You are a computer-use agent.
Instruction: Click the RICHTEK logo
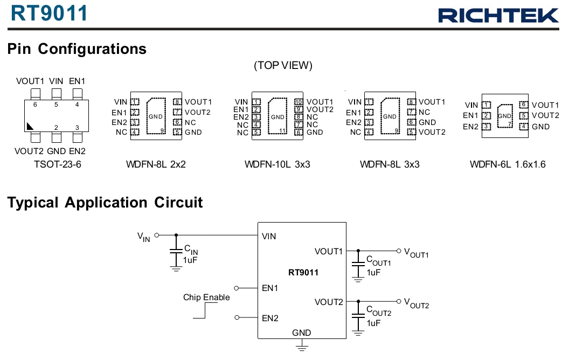tap(498, 15)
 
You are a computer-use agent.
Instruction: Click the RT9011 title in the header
tap(50, 13)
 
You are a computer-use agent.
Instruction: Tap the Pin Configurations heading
tap(77, 49)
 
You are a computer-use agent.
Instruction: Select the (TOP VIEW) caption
tap(283, 65)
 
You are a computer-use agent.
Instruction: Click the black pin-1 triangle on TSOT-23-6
tap(30, 127)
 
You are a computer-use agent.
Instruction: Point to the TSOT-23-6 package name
tap(58, 164)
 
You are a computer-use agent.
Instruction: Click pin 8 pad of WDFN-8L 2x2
tap(177, 102)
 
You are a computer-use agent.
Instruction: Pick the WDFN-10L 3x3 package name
tap(277, 164)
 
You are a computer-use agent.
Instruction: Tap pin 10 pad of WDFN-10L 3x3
tap(299, 102)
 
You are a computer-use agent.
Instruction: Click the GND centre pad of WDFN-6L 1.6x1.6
tap(505, 116)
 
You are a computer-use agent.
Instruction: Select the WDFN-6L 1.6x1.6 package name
tap(508, 164)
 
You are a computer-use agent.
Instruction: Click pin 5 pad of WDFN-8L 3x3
tap(411, 132)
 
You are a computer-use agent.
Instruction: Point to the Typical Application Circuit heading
tap(105, 203)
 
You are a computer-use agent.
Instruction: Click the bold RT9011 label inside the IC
tap(303, 272)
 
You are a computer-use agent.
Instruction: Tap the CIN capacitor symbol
tap(176, 251)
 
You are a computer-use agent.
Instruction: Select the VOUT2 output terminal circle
tap(398, 301)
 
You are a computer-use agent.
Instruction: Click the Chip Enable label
tap(206, 297)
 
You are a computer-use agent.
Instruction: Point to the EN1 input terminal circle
tap(237, 288)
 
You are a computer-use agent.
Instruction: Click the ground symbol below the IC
tap(302, 348)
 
